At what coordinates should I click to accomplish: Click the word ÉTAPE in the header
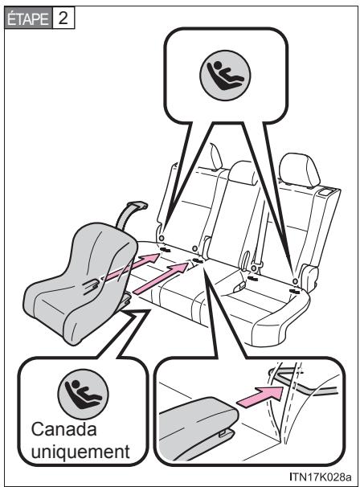pos(28,19)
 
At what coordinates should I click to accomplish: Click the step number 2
pos(63,18)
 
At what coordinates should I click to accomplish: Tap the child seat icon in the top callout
pos(225,76)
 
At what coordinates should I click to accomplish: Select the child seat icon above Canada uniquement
pos(84,394)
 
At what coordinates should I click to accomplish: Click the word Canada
pos(64,430)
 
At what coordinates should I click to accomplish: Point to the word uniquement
pos(80,452)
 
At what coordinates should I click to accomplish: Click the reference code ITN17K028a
pos(321,476)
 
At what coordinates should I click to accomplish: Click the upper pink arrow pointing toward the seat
pos(130,267)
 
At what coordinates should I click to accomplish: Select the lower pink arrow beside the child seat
pos(161,277)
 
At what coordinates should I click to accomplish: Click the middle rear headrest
pos(243,173)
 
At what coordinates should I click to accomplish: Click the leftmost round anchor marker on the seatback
pos(162,238)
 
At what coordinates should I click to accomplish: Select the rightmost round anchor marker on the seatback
pos(295,281)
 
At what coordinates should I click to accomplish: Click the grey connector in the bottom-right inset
pos(198,419)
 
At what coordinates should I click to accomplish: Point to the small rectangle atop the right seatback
pos(326,193)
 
